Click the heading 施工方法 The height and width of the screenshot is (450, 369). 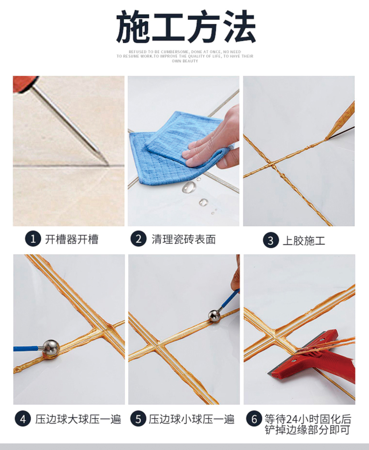[185, 27]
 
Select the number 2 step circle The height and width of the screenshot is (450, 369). [138, 239]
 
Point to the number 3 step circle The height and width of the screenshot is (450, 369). [270, 241]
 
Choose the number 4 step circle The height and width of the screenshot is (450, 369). [22, 419]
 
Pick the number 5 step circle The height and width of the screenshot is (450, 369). [138, 419]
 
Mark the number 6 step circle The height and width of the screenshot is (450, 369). [255, 419]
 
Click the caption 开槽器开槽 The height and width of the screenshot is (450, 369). [71, 240]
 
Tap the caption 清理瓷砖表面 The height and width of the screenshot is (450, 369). [184, 240]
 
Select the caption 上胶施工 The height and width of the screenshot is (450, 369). [304, 241]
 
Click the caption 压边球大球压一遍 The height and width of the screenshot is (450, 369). [78, 419]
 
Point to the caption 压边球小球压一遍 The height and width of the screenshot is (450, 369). [192, 419]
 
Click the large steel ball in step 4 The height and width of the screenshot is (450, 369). [50, 348]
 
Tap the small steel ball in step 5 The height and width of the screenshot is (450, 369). [214, 316]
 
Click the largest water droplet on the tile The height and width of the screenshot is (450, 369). [189, 187]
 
